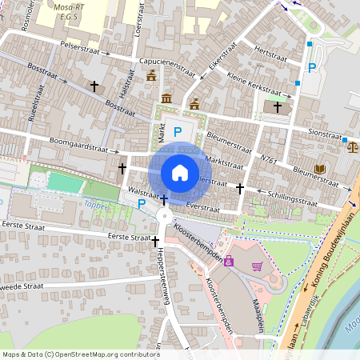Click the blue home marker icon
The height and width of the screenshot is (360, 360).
[180, 172]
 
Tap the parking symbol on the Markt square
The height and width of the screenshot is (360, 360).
[178, 131]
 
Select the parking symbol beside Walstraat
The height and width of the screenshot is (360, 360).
[142, 204]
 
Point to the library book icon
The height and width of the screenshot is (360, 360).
[320, 169]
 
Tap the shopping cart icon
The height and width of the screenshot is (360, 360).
[257, 266]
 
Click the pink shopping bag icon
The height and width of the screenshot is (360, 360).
[230, 261]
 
